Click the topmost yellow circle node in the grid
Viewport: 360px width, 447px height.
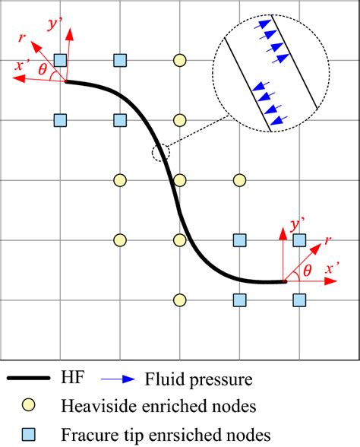click(179, 59)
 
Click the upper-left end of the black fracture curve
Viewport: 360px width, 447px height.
click(67, 81)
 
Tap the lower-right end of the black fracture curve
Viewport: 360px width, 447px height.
click(285, 282)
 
